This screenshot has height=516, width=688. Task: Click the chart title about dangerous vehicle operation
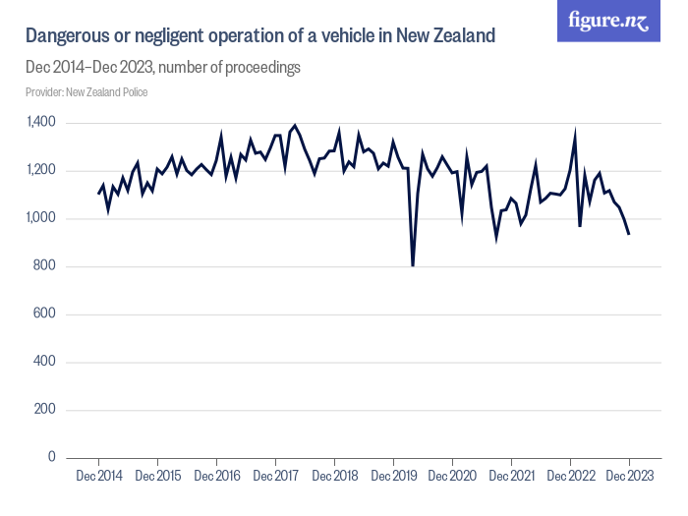[259, 36]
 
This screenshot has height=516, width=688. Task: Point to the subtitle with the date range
[162, 68]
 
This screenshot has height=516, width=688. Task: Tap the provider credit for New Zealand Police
[86, 92]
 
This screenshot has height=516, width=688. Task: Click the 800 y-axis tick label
[45, 266]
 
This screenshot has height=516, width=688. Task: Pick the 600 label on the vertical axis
[45, 315]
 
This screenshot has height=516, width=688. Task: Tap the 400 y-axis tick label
[45, 363]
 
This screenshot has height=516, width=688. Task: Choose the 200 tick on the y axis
[45, 410]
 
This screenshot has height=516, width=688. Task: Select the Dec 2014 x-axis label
[98, 477]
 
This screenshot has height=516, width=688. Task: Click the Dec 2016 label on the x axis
[216, 477]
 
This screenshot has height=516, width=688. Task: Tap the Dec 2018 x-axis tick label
[334, 477]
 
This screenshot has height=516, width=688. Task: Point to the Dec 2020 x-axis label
[453, 477]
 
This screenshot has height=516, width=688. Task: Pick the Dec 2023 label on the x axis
[629, 477]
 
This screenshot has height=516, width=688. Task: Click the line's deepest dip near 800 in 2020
[413, 265]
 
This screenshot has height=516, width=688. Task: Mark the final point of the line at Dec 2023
[629, 234]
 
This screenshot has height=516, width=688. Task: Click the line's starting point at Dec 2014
[98, 194]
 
